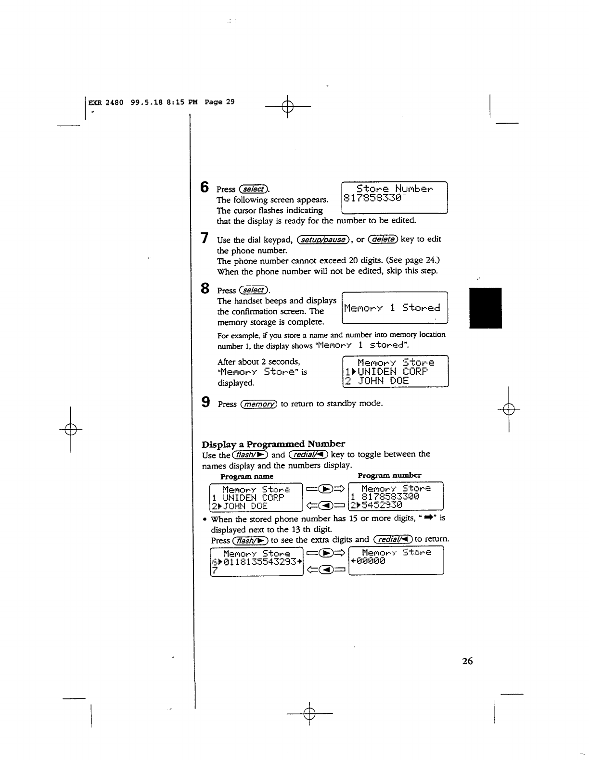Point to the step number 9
[x=205, y=402]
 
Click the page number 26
[x=467, y=661]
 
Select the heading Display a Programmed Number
[x=273, y=443]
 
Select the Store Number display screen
[x=394, y=197]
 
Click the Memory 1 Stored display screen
[x=394, y=308]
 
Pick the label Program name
[x=246, y=476]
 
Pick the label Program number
[x=389, y=475]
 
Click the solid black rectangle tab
[x=486, y=308]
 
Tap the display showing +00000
[x=396, y=560]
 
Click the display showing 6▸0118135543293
[x=256, y=561]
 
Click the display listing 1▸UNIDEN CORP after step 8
[x=395, y=371]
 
